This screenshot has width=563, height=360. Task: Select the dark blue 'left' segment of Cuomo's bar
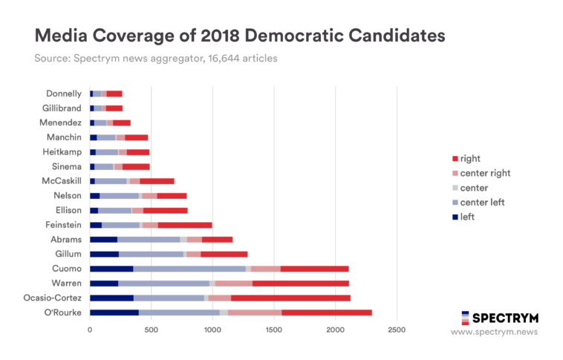point(111,269)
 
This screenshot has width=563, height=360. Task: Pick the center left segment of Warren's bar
point(163,283)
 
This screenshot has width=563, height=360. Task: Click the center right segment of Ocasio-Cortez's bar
point(219,298)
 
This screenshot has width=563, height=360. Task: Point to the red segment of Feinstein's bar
point(185,225)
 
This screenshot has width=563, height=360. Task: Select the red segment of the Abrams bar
point(217,240)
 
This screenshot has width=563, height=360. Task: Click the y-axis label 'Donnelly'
point(64,94)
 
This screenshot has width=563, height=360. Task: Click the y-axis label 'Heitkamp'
point(63,152)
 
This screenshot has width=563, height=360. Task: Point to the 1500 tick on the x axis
point(274,330)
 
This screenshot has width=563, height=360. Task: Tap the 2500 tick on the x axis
point(397,330)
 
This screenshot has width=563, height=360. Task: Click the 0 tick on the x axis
point(90,330)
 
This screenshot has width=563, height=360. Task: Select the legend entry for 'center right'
point(484,173)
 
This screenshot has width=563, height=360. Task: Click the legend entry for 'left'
point(467,217)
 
